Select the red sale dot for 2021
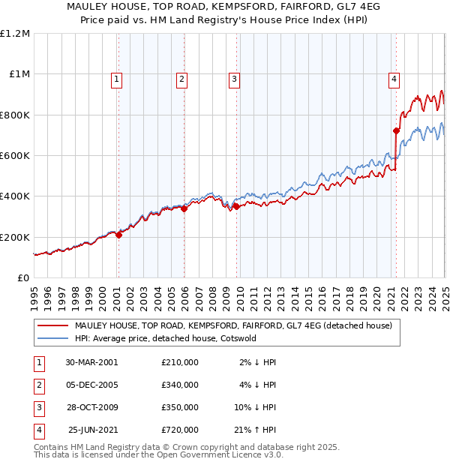(396, 130)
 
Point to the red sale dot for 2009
(235, 206)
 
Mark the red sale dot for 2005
(184, 208)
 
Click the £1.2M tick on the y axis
(15, 34)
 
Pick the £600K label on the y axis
(15, 156)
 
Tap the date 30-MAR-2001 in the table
(91, 362)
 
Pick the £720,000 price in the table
(180, 430)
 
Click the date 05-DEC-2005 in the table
(91, 385)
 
